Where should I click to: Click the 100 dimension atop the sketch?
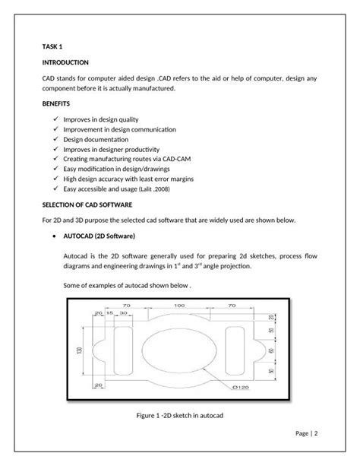coord(178,306)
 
